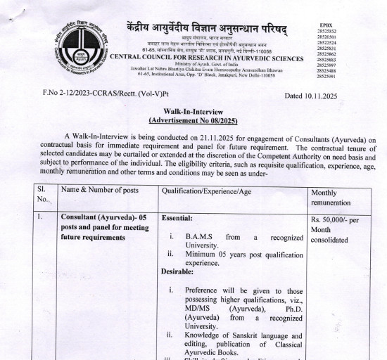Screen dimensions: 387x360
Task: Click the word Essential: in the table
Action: [177, 219]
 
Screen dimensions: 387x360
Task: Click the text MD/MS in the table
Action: [199, 308]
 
